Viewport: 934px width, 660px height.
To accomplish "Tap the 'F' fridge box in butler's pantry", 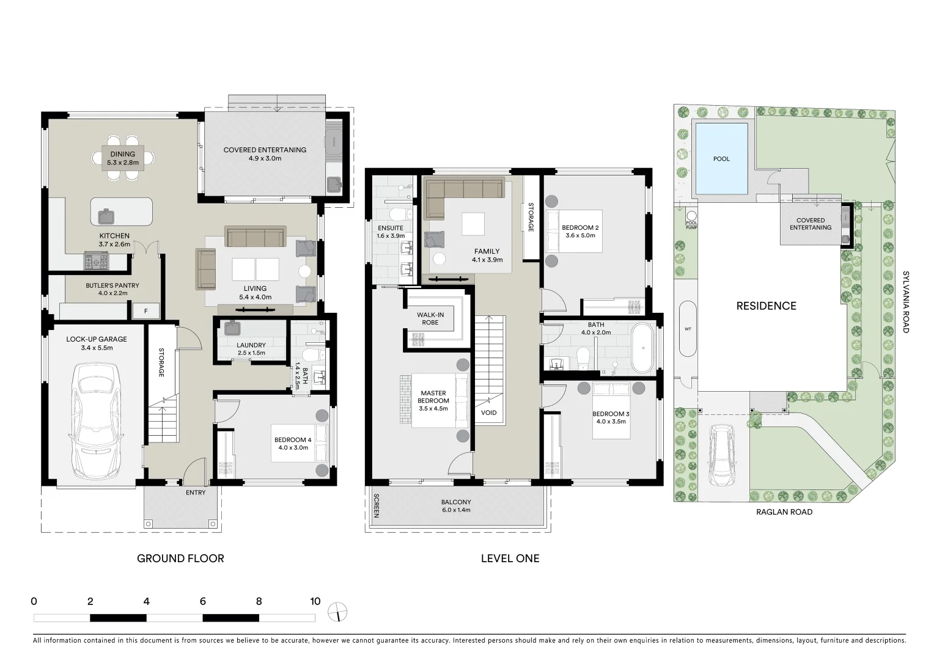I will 145,311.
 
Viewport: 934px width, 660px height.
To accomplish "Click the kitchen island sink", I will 106,215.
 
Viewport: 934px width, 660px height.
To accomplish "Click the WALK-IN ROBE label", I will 430,318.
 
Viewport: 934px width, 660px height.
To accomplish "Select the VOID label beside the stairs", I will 488,413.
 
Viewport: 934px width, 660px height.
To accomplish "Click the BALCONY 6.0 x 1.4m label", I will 456,506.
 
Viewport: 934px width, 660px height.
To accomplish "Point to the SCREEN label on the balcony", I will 377,506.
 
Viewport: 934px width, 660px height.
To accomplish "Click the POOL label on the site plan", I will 721,159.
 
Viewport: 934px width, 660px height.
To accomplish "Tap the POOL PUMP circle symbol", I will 691,216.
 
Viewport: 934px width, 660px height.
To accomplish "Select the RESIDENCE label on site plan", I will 766,306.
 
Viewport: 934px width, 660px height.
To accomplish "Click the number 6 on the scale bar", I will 202,601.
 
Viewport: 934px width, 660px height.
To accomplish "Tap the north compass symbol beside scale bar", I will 337,612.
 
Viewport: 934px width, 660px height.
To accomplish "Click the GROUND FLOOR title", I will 180,558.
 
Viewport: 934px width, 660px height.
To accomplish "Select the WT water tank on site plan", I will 688,329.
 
